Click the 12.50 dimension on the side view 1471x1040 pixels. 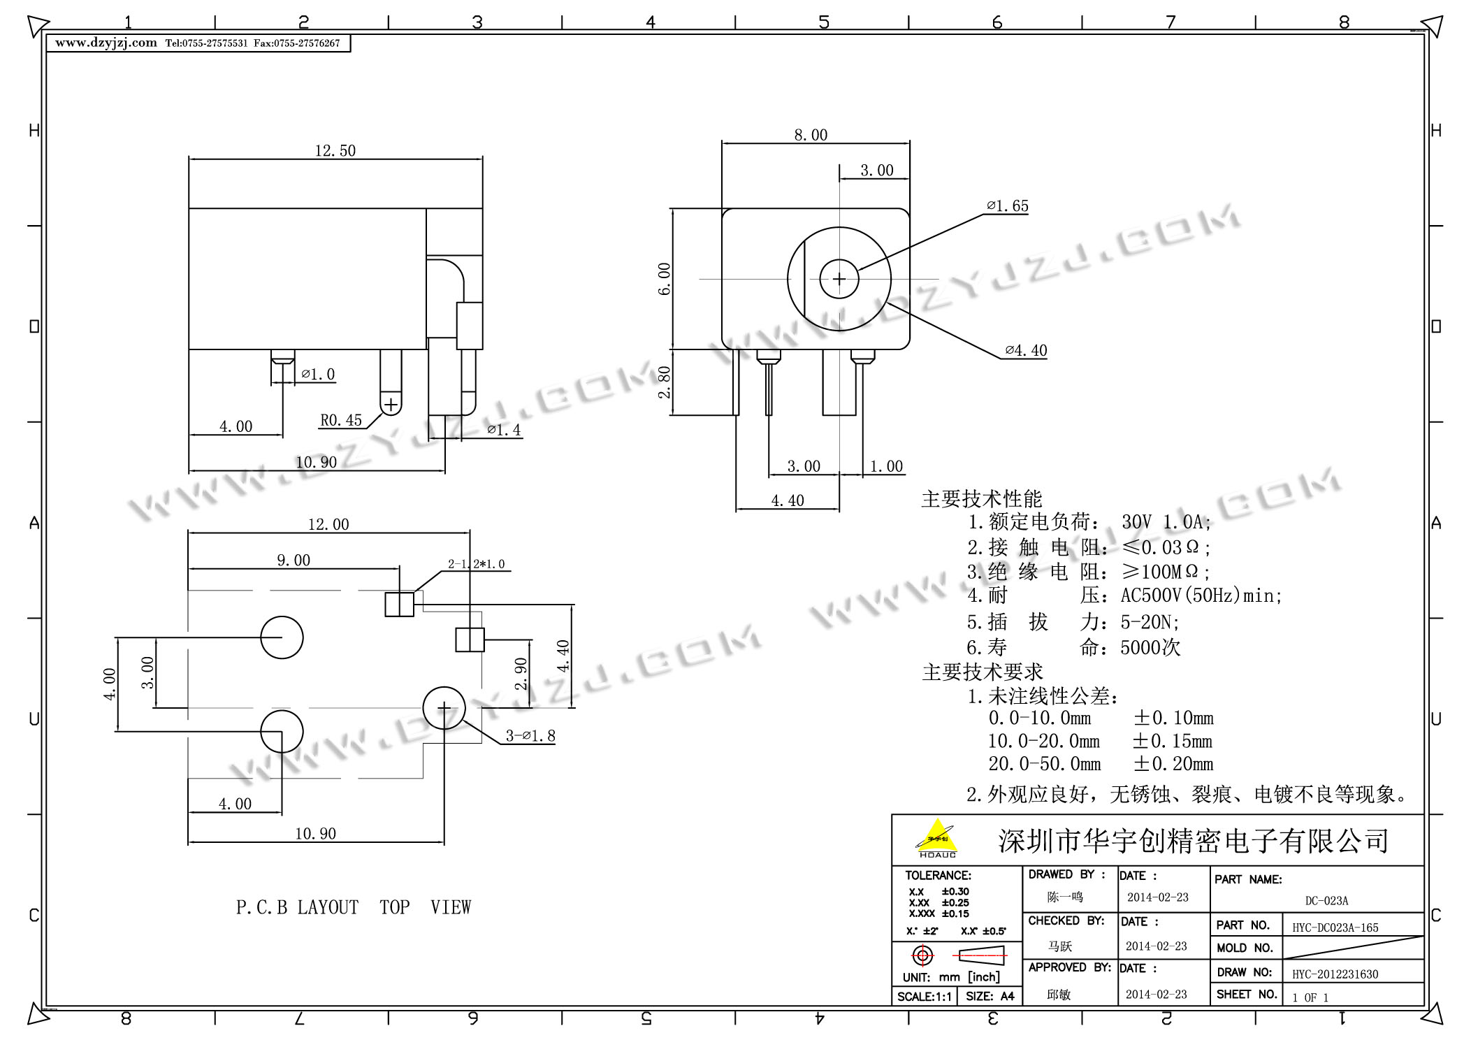pos(335,151)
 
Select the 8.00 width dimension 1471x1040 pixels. pos(811,135)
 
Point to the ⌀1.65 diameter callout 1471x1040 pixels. pos(1008,206)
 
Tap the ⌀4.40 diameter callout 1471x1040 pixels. pos(1026,351)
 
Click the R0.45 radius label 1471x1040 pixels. pos(341,421)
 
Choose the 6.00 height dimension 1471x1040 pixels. pos(664,278)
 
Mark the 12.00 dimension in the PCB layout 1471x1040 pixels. pos(328,524)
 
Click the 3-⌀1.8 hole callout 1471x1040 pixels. pos(530,736)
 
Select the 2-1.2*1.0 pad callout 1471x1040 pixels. pos(476,564)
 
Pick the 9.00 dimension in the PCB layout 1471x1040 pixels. pos(294,561)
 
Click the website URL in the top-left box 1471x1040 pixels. pos(106,43)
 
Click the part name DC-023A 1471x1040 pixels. pos(1326,901)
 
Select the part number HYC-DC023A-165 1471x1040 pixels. pos(1335,928)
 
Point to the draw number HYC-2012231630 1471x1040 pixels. pos(1335,974)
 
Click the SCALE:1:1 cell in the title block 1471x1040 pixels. pos(924,997)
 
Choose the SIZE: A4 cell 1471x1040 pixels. pos(990,997)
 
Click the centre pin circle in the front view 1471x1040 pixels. pos(839,279)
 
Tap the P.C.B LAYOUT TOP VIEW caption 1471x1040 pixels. pos(354,907)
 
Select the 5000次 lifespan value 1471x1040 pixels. pos(1150,648)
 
